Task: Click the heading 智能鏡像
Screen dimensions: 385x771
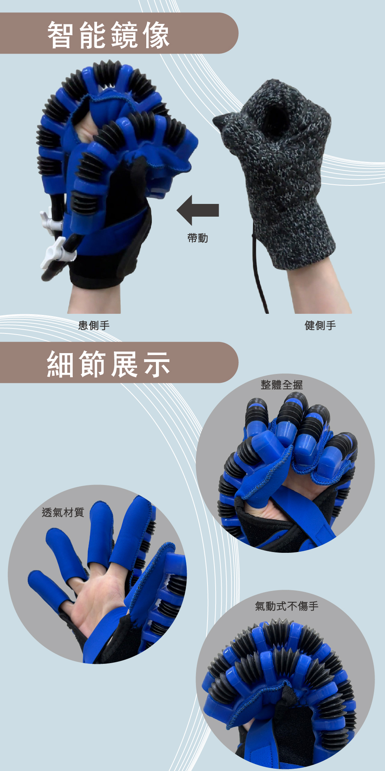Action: [x=108, y=35]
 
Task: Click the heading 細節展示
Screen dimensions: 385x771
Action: [x=108, y=364]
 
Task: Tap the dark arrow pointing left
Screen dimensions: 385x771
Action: [x=198, y=210]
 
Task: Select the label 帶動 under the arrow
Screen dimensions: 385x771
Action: [x=198, y=238]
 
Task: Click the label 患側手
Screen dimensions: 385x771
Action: [x=94, y=326]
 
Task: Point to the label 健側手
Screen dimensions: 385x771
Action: [x=320, y=326]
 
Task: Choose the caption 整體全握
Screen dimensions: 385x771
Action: [x=282, y=385]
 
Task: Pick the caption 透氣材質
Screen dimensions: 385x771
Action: [x=63, y=512]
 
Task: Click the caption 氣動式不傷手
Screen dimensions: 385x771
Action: [x=287, y=606]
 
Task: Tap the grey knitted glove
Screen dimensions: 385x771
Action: [x=281, y=170]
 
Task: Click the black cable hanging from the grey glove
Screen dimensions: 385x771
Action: [x=258, y=270]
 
